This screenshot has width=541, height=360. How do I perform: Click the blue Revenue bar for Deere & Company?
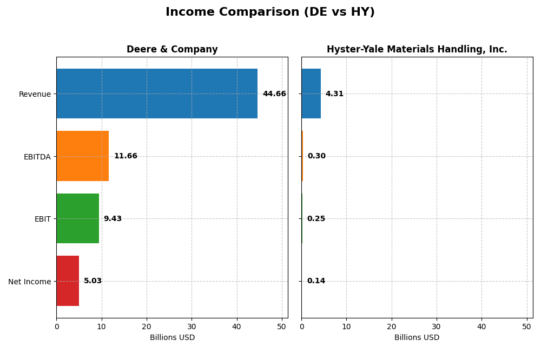pyautogui.click(x=157, y=94)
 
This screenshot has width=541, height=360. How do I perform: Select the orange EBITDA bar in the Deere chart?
pyautogui.click(x=82, y=156)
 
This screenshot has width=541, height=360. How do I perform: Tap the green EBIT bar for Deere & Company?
pyautogui.click(x=77, y=218)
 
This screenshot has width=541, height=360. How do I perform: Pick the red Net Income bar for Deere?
pyautogui.click(x=68, y=281)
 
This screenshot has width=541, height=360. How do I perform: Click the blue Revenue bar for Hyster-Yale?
pyautogui.click(x=311, y=94)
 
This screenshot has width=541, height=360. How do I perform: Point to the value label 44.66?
pyautogui.click(x=274, y=94)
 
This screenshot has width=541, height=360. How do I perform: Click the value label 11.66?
pyautogui.click(x=126, y=156)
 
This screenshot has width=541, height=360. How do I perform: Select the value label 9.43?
pyautogui.click(x=113, y=219)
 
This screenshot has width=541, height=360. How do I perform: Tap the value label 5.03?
pyautogui.click(x=93, y=281)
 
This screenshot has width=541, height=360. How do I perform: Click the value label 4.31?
pyautogui.click(x=334, y=94)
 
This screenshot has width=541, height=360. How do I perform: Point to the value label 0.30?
pyautogui.click(x=316, y=156)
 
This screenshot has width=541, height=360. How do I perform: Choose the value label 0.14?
pyautogui.click(x=316, y=281)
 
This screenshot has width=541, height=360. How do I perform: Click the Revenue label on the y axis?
pyautogui.click(x=35, y=94)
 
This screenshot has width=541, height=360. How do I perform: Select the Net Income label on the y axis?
pyautogui.click(x=30, y=282)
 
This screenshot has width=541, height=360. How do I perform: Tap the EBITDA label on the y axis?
pyautogui.click(x=37, y=157)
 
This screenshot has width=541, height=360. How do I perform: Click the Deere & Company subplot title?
pyautogui.click(x=172, y=50)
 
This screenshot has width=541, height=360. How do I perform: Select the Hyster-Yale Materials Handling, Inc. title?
pyautogui.click(x=417, y=50)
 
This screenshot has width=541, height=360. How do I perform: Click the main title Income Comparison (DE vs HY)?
pyautogui.click(x=270, y=12)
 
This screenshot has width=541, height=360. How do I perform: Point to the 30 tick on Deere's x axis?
pyautogui.click(x=192, y=326)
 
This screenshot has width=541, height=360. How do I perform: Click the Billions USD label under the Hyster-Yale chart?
pyautogui.click(x=417, y=338)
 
